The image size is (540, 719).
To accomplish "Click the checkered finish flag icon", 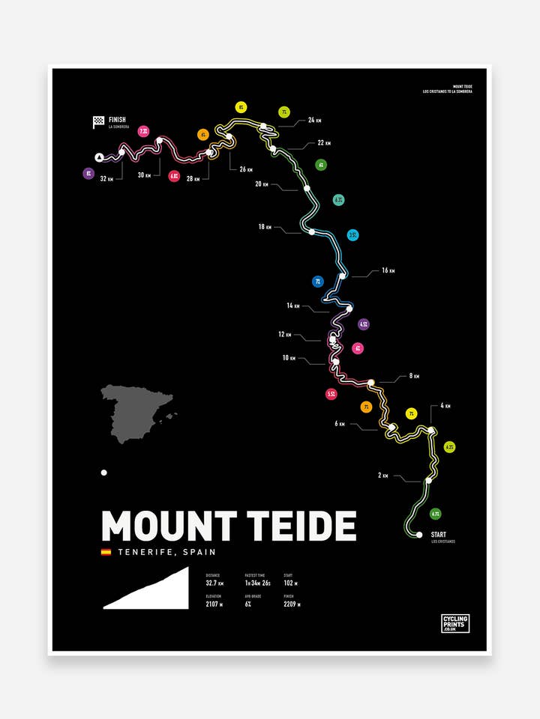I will coord(98,122).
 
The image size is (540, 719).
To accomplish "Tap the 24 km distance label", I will coord(315,120).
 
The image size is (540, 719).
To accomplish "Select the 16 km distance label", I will coord(388,270).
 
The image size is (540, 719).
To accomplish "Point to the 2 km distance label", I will coord(383,475).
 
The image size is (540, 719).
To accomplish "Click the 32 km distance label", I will coord(106,178).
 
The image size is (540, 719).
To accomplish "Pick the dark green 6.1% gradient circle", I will coord(436,514).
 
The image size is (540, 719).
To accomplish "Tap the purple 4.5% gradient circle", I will coord(364,324).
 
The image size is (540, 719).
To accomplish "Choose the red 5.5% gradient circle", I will coord(331,393).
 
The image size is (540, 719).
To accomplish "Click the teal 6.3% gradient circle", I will coord(339,200).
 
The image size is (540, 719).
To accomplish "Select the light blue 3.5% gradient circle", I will coord(352,235).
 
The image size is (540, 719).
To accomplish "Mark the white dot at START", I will coord(419,535).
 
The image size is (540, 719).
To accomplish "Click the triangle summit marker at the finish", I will coord(99,157).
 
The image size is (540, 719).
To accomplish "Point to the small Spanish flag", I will coord(106,552).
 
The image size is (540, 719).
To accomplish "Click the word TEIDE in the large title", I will coord(300,527).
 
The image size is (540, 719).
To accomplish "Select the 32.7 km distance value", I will coord(214,583).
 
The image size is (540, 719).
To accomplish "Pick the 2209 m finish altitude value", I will coord(292,604).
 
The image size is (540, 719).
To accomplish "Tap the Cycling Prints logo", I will coord(455,623).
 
